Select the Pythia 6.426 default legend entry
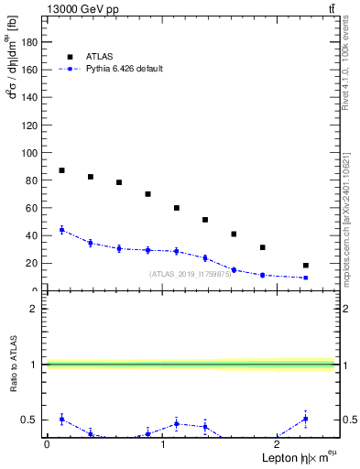125,69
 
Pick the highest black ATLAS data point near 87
61,170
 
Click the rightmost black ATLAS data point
306,266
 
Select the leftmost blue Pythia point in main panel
61,230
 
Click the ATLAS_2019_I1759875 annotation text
191,274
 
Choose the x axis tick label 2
278,443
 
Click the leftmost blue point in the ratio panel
61,419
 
